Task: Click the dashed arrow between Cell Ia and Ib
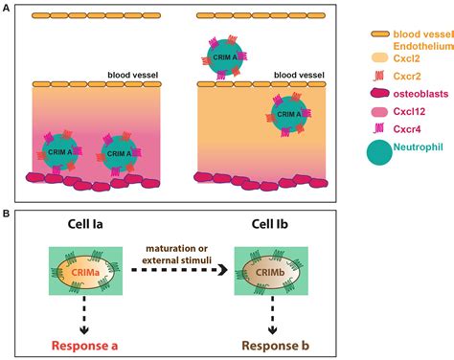pos(171,272)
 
